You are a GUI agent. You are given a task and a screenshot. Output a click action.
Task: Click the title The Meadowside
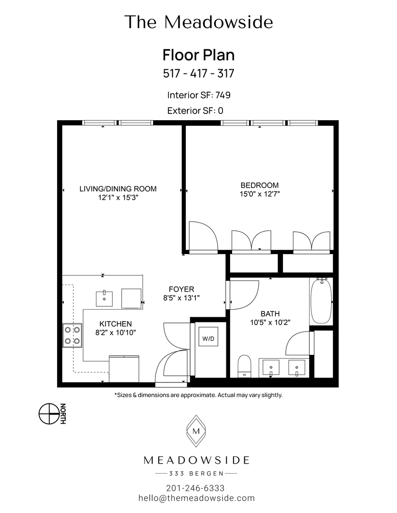click(x=199, y=22)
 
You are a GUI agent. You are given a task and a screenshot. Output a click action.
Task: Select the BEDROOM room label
click(x=259, y=185)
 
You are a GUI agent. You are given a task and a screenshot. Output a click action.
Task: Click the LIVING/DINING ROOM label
click(x=118, y=189)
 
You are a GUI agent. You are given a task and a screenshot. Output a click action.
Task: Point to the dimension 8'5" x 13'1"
click(x=182, y=298)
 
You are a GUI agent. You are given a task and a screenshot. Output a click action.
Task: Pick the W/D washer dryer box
click(x=208, y=339)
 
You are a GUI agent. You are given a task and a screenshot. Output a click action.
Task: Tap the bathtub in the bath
click(x=321, y=302)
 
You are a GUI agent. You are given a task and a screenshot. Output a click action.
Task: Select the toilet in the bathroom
click(x=244, y=365)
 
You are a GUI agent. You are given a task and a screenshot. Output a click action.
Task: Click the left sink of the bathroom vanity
click(x=271, y=367)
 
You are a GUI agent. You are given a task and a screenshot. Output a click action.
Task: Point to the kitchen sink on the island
click(x=104, y=298)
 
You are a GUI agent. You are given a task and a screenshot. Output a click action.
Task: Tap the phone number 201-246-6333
click(x=195, y=488)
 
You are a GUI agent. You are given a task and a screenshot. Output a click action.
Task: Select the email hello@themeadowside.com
click(x=196, y=498)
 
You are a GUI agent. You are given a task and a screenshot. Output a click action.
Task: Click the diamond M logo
click(x=196, y=431)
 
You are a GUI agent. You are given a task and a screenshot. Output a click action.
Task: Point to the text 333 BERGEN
click(x=196, y=474)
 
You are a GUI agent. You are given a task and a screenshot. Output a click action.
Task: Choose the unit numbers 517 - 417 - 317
click(x=198, y=74)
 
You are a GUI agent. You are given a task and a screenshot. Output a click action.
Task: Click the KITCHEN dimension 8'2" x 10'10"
click(x=116, y=332)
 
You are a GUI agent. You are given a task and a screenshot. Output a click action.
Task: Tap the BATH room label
click(x=270, y=313)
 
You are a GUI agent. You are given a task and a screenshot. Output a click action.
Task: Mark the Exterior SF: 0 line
click(x=195, y=111)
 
